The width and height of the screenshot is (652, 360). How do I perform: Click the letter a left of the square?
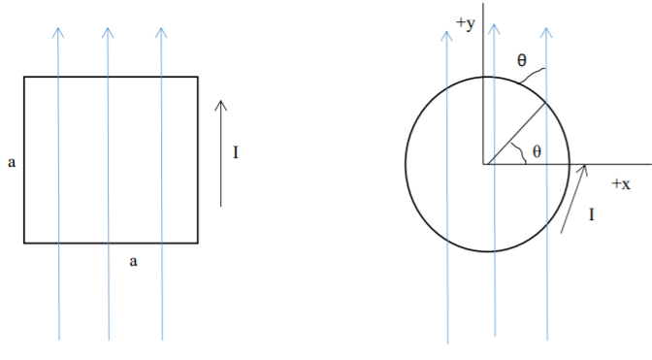pos(12,162)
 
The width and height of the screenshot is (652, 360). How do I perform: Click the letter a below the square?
pos(133,260)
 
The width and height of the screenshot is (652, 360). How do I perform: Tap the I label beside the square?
pos(236,151)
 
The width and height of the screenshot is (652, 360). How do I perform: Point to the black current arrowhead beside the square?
pos(221,103)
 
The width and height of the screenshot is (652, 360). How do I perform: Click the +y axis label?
pos(465,24)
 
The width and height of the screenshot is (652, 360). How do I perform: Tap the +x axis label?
pos(621,183)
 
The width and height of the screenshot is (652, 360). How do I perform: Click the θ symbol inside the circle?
pos(537,151)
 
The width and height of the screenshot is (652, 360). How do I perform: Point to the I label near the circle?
pos(592,214)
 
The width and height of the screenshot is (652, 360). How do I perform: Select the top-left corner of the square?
pos(24,77)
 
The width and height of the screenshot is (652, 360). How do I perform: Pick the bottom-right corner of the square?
pos(198,242)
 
